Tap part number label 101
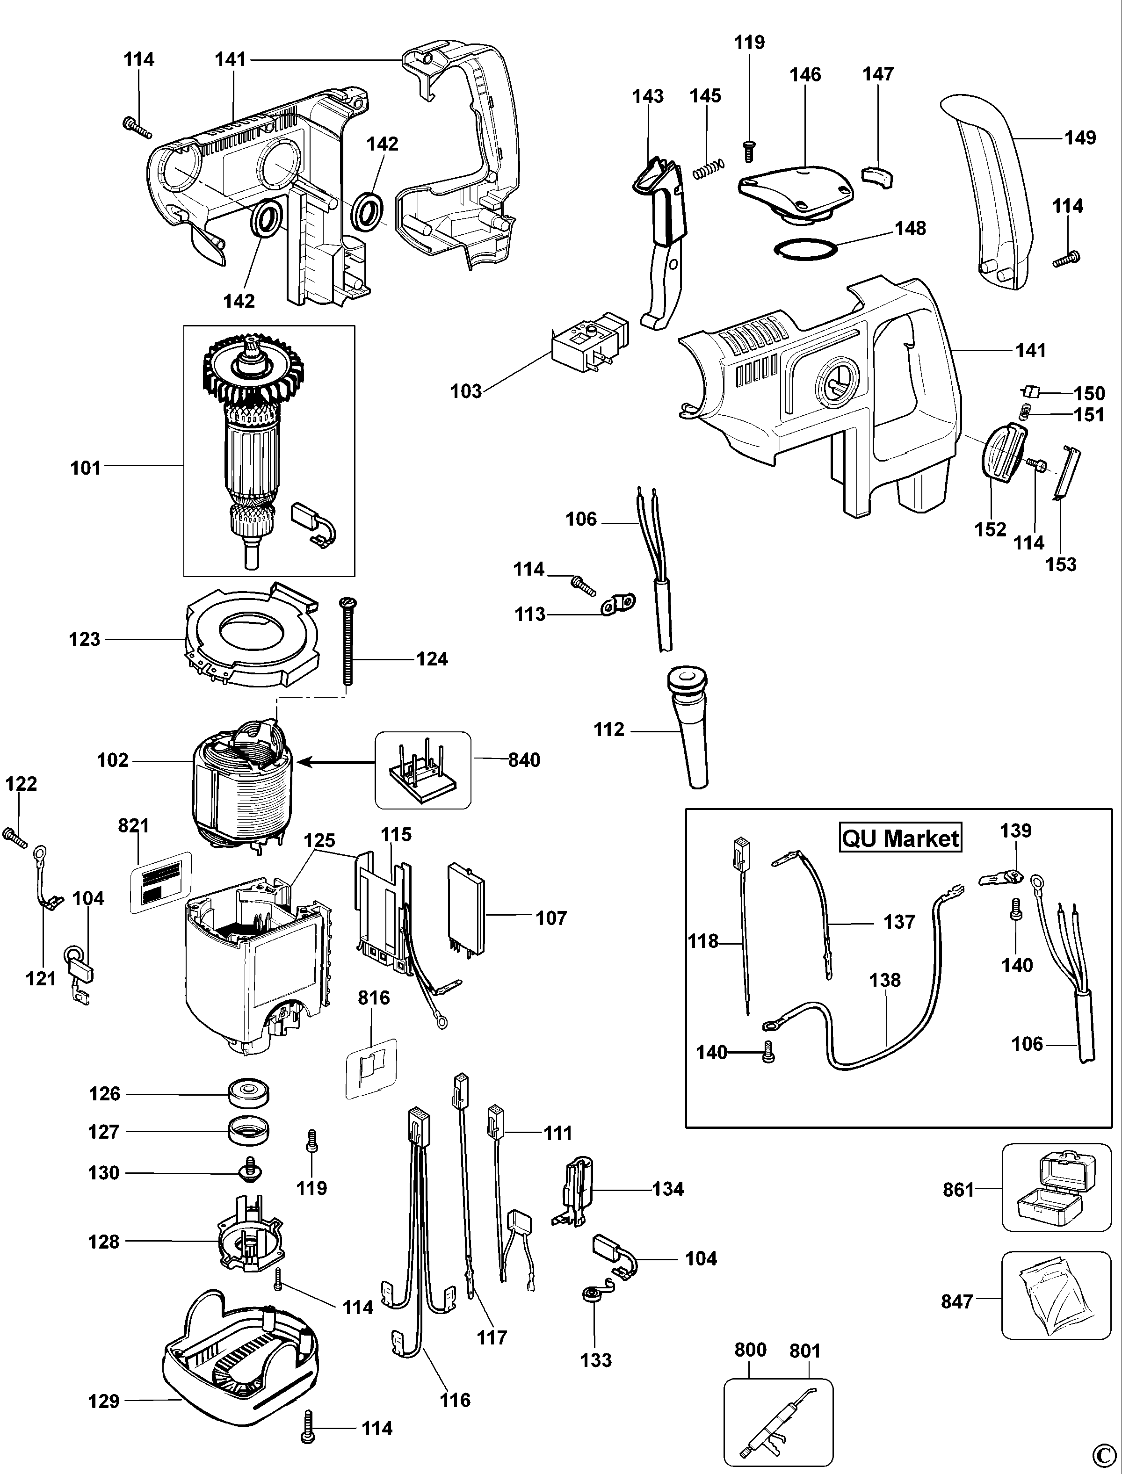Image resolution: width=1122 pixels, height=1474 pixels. tap(86, 468)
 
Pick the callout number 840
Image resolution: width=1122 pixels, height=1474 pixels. tap(524, 760)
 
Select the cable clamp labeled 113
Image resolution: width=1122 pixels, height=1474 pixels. tap(618, 605)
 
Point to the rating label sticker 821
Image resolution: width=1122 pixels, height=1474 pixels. tap(160, 882)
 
